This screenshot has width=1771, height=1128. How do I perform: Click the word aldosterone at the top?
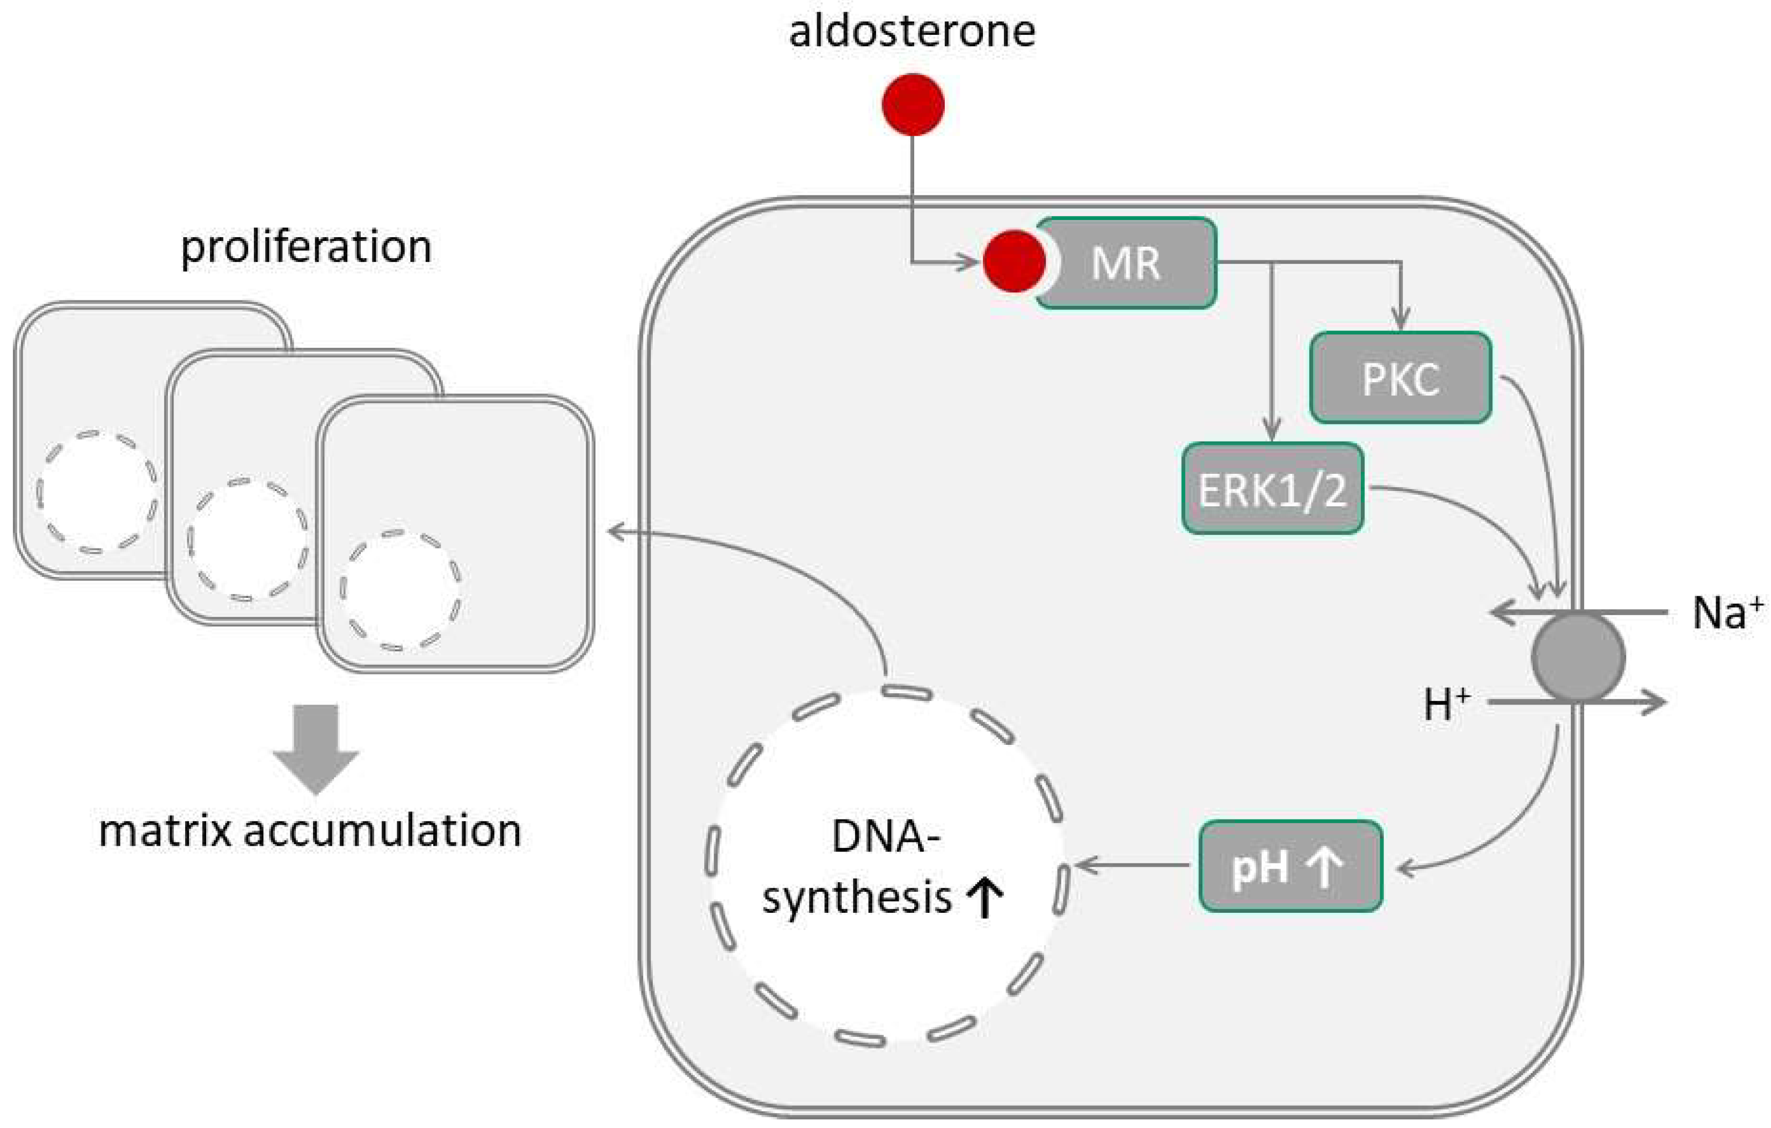coord(912,32)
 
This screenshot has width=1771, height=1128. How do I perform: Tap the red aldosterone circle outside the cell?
coord(913,105)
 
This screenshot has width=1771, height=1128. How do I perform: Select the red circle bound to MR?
coord(1013,261)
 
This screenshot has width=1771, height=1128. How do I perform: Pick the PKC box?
coord(1401,378)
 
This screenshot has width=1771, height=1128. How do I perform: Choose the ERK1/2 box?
coord(1272,488)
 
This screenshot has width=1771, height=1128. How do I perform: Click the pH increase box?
coord(1290,866)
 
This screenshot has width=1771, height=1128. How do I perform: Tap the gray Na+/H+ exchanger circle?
coord(1578,657)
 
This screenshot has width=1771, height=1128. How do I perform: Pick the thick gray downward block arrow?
coord(316,746)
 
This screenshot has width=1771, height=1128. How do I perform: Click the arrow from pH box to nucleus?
coord(1133,866)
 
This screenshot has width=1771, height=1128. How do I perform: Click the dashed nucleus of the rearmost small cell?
coord(96,491)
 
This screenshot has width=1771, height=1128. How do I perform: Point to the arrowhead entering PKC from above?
coord(1401,320)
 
